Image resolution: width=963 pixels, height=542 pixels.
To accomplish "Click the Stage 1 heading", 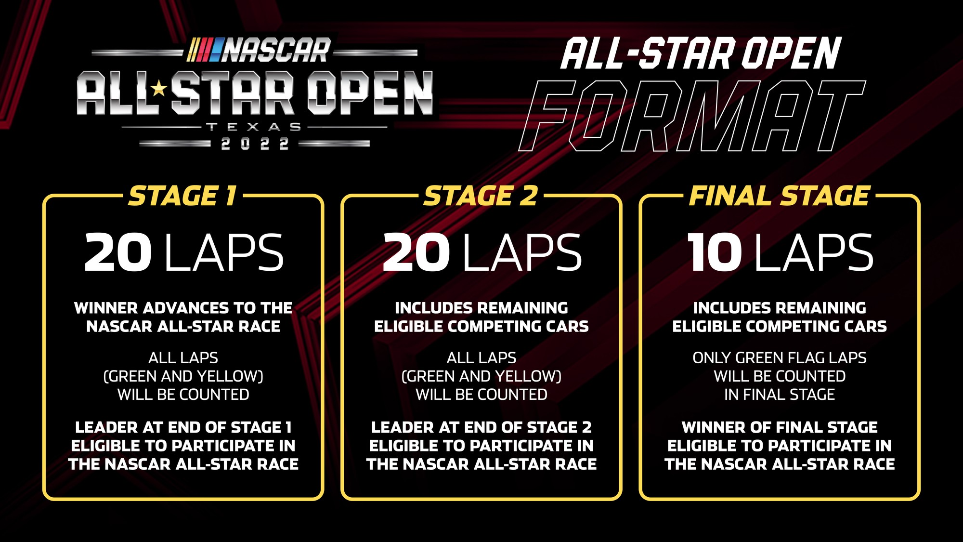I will pos(182,196).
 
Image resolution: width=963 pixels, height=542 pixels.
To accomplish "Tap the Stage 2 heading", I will pos(481,196).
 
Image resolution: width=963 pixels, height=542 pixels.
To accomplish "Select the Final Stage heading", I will pos(779,196).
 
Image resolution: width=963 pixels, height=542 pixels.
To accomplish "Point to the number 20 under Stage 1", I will pos(118,252).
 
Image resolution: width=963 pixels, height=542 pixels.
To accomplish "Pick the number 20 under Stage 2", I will pos(416,252).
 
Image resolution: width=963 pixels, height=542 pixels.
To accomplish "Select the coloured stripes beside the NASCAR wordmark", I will pos(205,51).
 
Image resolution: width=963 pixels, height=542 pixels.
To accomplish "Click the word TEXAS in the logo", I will pos(254,127).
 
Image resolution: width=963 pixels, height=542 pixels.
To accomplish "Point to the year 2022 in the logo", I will pos(254,144).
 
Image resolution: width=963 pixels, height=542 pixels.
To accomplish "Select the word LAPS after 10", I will pos(814,252).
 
